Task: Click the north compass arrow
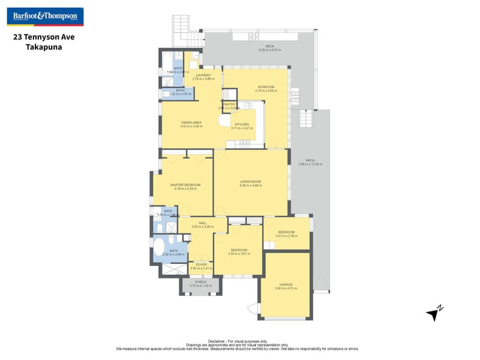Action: pos(434,313)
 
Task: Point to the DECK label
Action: pos(269,46)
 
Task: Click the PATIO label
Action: pos(310,161)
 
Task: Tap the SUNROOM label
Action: pos(266,87)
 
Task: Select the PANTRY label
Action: pos(229,104)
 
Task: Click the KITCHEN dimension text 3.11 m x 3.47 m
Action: pos(241,128)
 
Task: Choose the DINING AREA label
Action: pos(191,122)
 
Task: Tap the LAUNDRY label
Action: pos(203,75)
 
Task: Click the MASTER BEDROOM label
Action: pos(185,185)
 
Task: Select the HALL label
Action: pos(203,223)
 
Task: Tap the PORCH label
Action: pos(200,281)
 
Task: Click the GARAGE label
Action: pos(286,284)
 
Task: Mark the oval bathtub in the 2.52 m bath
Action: pos(161,248)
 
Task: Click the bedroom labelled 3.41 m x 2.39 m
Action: pos(286,234)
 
